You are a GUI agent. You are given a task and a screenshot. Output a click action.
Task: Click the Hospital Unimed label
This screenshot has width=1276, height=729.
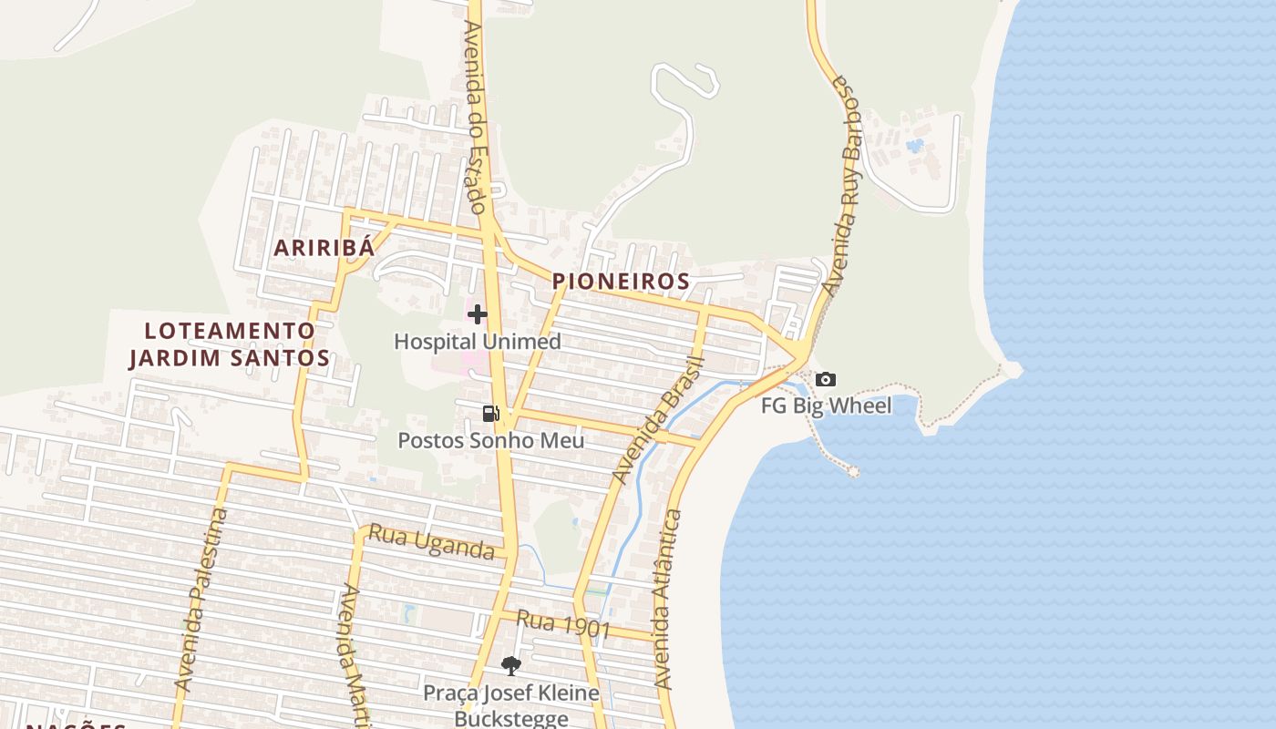point(477,342)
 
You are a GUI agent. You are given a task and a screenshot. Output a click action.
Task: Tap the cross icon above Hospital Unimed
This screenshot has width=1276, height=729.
point(477,315)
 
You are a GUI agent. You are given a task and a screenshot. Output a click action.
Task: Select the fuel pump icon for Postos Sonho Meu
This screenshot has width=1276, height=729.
point(490,414)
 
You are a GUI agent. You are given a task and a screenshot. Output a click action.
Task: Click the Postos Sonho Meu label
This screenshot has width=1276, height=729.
point(490,441)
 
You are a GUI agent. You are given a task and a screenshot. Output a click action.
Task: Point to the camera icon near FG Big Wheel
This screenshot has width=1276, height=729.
point(826,379)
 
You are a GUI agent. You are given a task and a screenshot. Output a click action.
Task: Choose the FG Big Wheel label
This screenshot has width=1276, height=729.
point(826,406)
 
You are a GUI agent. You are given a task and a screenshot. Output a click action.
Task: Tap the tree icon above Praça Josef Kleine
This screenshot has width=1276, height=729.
point(511,666)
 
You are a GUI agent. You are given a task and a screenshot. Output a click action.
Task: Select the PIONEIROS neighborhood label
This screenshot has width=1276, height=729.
point(621,282)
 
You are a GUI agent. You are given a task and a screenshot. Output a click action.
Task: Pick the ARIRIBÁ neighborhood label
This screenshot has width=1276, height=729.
point(324,248)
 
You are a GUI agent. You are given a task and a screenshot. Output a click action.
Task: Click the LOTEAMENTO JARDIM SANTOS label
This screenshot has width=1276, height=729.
point(229,344)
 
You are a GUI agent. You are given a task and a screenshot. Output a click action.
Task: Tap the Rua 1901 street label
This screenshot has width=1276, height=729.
point(562,624)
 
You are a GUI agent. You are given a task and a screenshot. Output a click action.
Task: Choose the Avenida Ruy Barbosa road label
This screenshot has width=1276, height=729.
point(841,185)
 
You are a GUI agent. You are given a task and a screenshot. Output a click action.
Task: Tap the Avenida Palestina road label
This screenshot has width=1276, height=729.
point(201,598)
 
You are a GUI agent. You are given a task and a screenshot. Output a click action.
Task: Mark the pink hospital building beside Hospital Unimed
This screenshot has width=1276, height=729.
point(471,357)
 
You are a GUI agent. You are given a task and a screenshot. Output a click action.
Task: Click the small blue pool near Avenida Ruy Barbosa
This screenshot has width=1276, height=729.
point(914,145)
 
